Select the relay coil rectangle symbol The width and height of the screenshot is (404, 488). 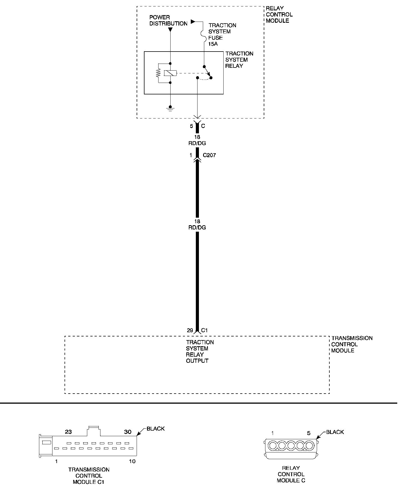(x=170, y=73)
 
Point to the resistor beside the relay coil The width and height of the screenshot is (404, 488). (x=159, y=73)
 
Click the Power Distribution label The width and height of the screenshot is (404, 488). (x=168, y=20)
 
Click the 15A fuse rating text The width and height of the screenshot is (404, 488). (x=213, y=44)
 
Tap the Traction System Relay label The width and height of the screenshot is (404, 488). (x=239, y=60)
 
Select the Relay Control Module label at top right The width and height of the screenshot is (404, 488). (x=279, y=15)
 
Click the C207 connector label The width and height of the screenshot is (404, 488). (x=209, y=155)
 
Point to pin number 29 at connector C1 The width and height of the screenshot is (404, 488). (x=190, y=331)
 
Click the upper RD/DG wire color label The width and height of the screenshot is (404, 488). (x=197, y=143)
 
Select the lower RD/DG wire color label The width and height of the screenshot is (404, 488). (x=197, y=227)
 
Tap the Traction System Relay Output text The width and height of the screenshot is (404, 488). (x=199, y=352)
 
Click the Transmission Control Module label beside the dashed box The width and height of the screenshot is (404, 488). (x=352, y=344)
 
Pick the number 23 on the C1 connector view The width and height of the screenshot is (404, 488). (x=68, y=432)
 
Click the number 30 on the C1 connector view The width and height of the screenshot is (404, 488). (x=128, y=432)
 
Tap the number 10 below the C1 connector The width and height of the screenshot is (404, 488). (x=132, y=461)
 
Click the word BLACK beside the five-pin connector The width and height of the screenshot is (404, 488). (x=335, y=432)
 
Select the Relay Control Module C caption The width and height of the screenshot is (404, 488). (x=291, y=474)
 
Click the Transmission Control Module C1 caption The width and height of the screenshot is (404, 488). (x=89, y=476)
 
